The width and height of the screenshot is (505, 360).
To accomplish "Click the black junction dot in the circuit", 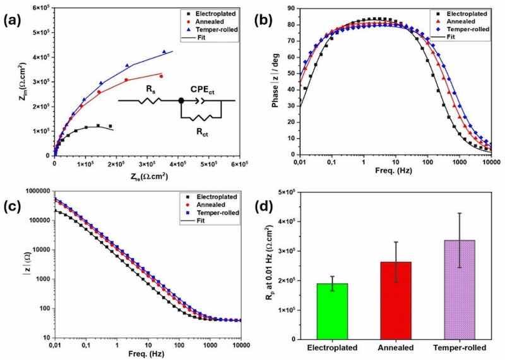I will point(181,100).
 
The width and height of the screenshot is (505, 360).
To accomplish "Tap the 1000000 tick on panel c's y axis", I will point(33,190).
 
